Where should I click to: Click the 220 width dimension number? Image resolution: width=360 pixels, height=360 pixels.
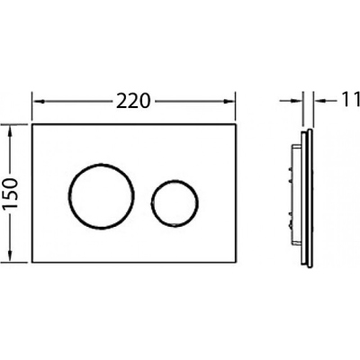(x=132, y=101)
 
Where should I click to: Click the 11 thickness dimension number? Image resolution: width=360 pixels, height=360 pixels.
(x=351, y=100)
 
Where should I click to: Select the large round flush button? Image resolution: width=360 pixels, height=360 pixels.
(x=102, y=196)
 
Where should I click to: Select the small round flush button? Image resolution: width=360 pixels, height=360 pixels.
(x=175, y=203)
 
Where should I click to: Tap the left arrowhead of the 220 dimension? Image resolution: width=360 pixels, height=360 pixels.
(x=38, y=102)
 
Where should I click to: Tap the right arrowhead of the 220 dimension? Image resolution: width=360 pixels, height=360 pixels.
(x=229, y=102)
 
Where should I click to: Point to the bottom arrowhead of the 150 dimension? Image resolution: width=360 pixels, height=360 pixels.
(x=11, y=256)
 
